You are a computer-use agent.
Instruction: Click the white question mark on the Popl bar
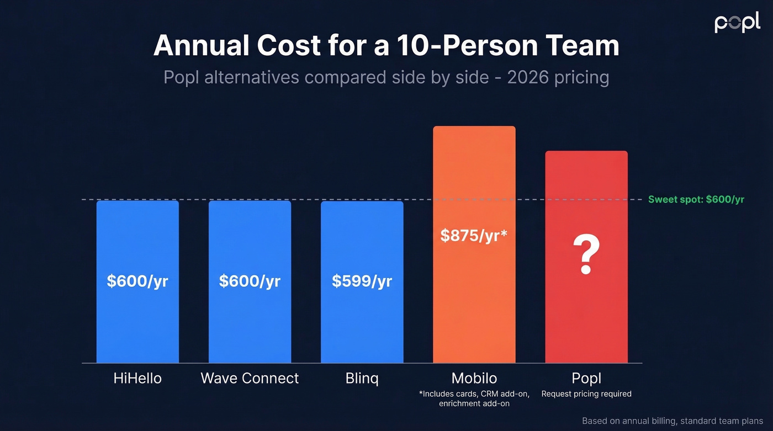[586, 255]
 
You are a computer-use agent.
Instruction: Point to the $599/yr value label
[362, 281]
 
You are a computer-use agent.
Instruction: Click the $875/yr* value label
[474, 235]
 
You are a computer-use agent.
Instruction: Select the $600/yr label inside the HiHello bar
[137, 281]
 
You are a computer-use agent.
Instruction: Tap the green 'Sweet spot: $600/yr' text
[696, 199]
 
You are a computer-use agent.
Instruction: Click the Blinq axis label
[362, 379]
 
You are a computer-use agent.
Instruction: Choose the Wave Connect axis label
[250, 379]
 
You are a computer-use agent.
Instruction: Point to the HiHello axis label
[137, 379]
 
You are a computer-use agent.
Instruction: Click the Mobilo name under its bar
[474, 379]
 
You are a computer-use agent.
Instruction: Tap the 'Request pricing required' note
[586, 394]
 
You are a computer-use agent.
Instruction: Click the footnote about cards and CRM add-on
[474, 398]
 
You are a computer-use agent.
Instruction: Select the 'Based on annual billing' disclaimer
[672, 421]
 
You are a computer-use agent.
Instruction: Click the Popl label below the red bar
[586, 379]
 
